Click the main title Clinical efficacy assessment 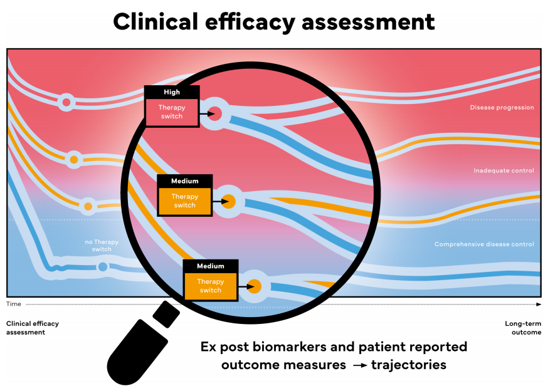point(274,22)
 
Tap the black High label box point(172,92)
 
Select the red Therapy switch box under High point(172,112)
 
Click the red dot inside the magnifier point(215,113)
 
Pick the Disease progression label point(502,108)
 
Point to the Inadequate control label point(503,170)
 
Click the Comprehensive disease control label point(484,244)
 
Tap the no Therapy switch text point(102,246)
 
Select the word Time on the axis point(13,304)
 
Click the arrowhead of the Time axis point(539,304)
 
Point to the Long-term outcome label point(523,328)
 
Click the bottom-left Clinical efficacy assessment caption point(32,328)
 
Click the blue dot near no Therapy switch point(103,268)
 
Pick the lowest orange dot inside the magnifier point(254,287)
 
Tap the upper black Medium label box point(184,181)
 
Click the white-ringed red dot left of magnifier point(65,102)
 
